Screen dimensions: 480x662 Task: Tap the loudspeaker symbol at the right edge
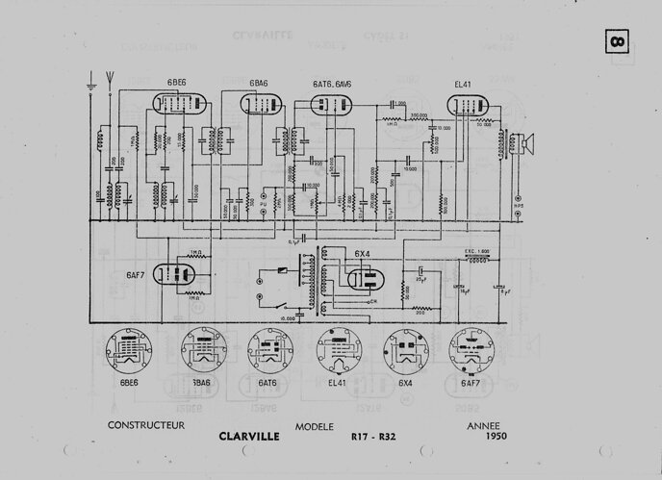525,144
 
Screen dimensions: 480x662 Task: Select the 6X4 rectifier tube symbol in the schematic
363,279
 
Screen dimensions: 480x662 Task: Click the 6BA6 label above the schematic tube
259,85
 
